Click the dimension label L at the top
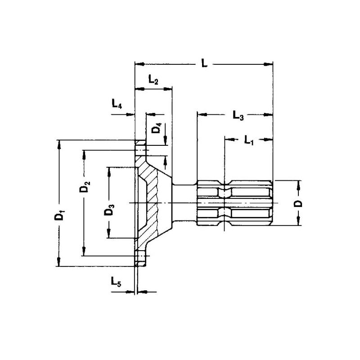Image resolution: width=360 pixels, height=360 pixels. tap(204, 64)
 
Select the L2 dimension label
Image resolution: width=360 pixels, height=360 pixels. tap(153, 81)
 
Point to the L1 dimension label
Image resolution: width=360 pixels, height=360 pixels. tap(249, 140)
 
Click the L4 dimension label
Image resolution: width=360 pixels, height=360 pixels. tap(117, 105)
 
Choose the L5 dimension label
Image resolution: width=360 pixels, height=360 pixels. tap(116, 282)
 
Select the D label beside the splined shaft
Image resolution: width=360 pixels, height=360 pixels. tap(298, 203)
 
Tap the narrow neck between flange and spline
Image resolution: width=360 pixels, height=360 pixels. tap(184, 202)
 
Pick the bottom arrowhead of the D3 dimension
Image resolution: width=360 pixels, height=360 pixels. tap(109, 234)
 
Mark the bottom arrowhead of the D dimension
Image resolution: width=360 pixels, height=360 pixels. tap(298, 221)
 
